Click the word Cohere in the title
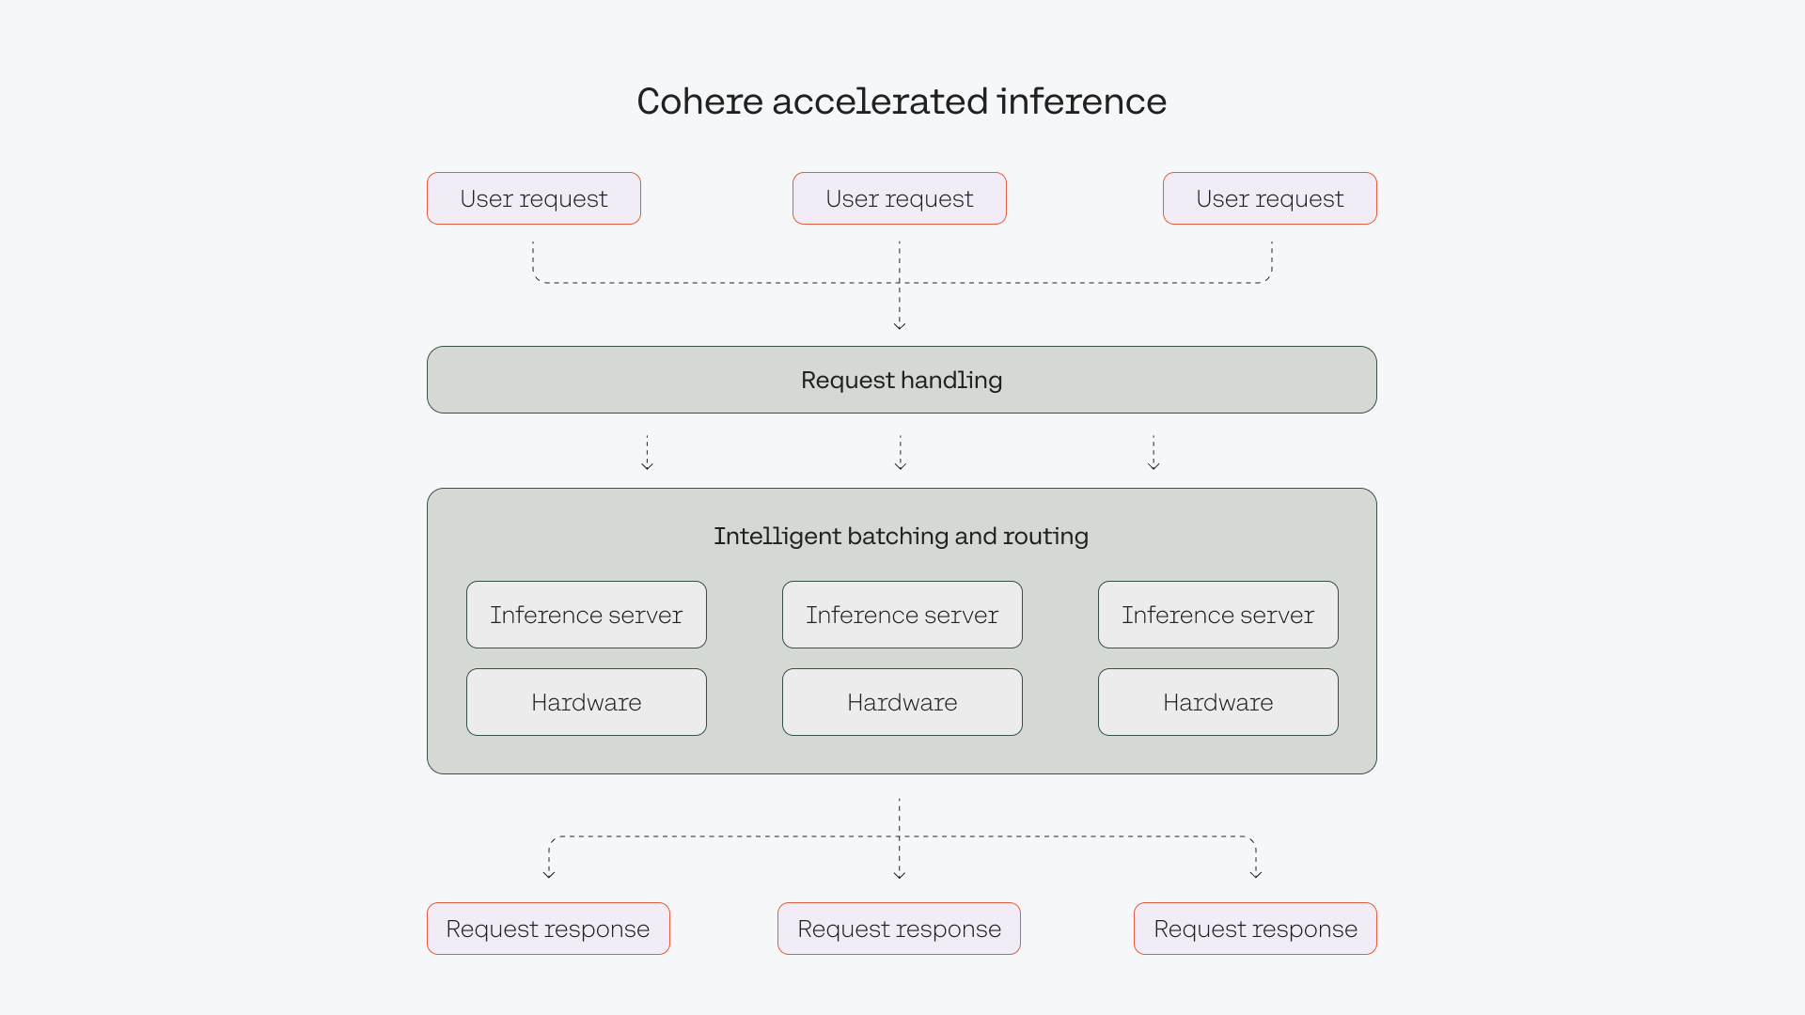(x=699, y=101)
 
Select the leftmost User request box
(x=534, y=198)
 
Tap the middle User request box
(x=900, y=198)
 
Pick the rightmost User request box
(x=1270, y=198)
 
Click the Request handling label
(x=902, y=380)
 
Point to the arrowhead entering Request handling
(x=900, y=324)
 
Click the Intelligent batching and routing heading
(x=901, y=536)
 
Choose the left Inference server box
(x=587, y=615)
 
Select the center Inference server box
(x=902, y=615)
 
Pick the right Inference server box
(x=1218, y=615)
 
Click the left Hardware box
(x=587, y=702)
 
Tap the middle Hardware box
(x=902, y=702)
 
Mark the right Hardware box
(x=1218, y=702)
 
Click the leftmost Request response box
(x=548, y=929)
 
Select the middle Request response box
(x=899, y=929)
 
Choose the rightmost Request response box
(x=1255, y=929)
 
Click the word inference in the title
(x=1081, y=101)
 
